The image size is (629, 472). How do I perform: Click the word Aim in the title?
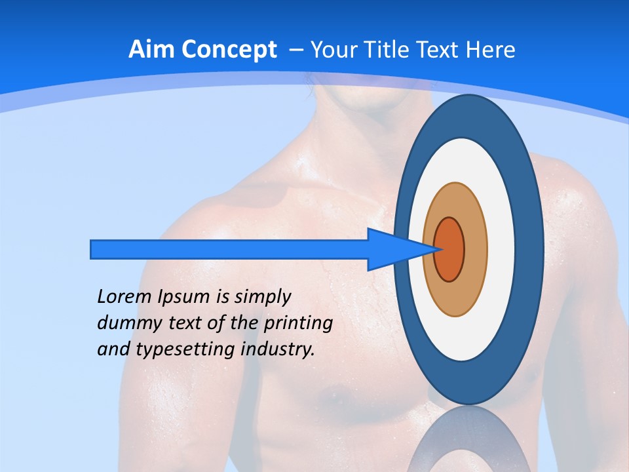click(x=147, y=50)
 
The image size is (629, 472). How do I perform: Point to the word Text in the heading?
click(x=438, y=50)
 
